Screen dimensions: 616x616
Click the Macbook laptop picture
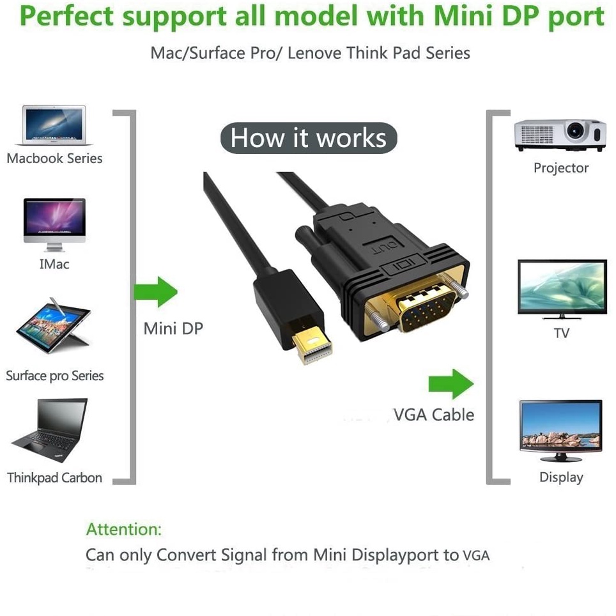pos(54,125)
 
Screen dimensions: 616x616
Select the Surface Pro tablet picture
pos(54,326)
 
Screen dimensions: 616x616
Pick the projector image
pos(560,135)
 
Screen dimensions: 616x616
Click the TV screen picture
pos(562,289)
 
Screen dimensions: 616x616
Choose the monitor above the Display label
pos(560,431)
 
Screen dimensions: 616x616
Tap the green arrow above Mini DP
pos(155,292)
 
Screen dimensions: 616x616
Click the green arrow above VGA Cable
pos(451,384)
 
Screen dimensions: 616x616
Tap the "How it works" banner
pos(309,138)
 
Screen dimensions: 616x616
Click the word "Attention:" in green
pos(124,529)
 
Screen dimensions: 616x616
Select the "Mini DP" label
pos(173,328)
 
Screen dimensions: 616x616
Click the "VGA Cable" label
pos(434,415)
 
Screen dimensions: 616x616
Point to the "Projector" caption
pos(561,168)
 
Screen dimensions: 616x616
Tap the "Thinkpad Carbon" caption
pos(54,478)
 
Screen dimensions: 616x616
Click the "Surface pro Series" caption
pos(54,376)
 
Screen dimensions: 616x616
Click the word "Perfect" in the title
pos(67,17)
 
